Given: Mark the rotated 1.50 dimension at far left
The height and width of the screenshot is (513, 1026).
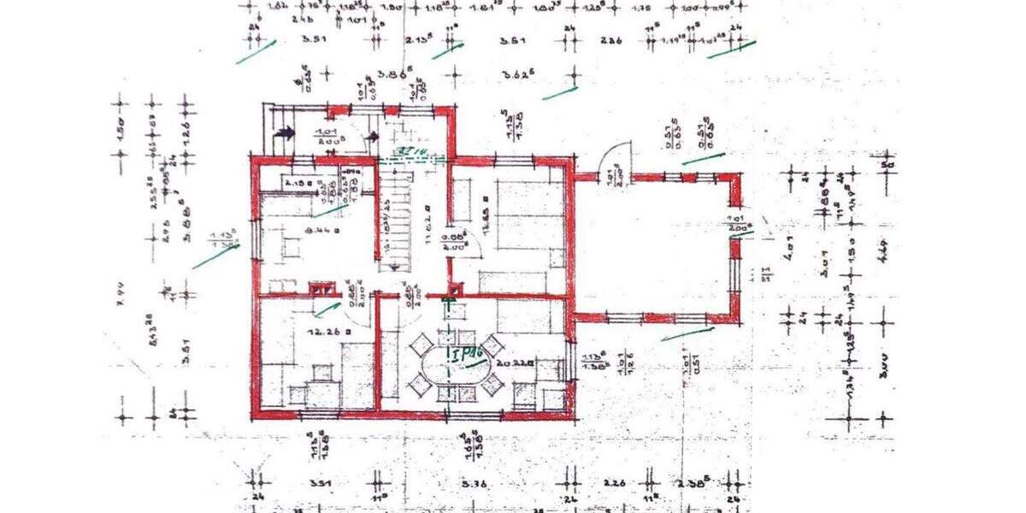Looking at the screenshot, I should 121,133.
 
